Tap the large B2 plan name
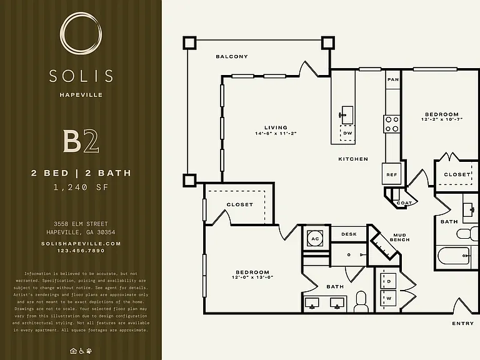click(x=81, y=141)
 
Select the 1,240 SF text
click(x=81, y=187)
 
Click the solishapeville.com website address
click(x=81, y=244)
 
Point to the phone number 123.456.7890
click(x=81, y=251)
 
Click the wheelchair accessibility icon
click(x=81, y=351)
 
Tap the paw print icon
click(x=89, y=351)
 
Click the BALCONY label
click(x=232, y=57)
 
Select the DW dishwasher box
click(x=347, y=133)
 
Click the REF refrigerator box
click(x=391, y=174)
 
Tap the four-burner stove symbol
click(x=392, y=124)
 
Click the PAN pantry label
click(x=393, y=79)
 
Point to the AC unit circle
click(x=315, y=239)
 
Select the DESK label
click(x=349, y=234)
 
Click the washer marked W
click(x=389, y=299)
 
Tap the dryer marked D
click(x=389, y=281)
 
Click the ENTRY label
click(x=462, y=323)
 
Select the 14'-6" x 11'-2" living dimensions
click(x=276, y=134)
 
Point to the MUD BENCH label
click(x=399, y=237)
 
